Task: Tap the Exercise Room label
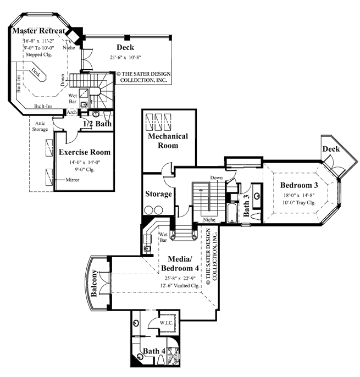pos(85,152)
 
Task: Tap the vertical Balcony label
pos(95,284)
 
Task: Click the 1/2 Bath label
pos(97,124)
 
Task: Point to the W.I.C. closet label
pos(167,323)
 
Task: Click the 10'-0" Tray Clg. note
pos(300,203)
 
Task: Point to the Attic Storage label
pos(40,127)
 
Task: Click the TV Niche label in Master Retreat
pos(69,45)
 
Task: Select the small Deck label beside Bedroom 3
pos(331,149)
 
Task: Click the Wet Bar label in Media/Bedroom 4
pos(163,237)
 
